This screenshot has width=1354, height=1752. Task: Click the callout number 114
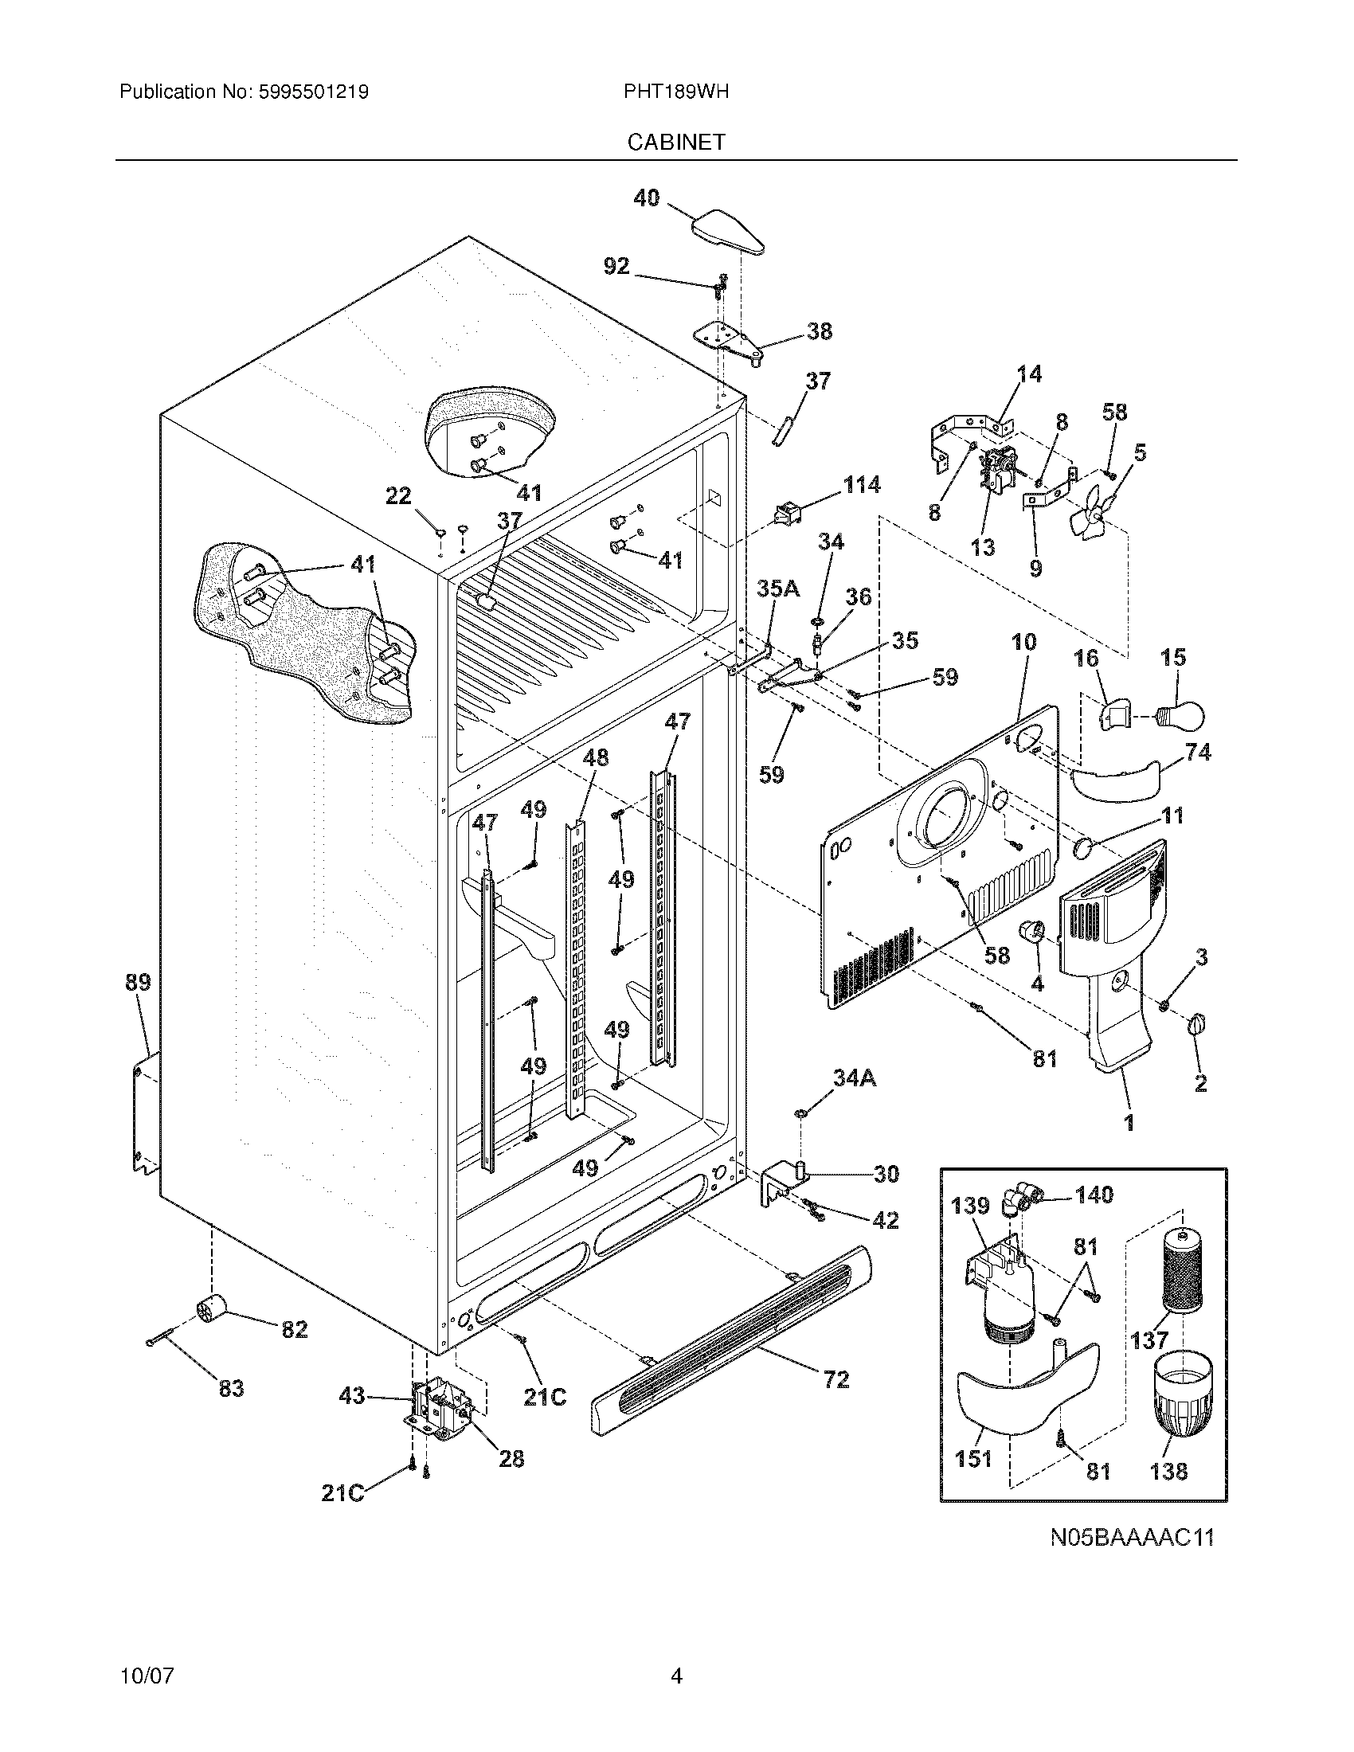(x=861, y=484)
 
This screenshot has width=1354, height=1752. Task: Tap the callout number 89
(x=138, y=982)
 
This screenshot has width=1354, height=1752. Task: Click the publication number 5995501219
(x=314, y=92)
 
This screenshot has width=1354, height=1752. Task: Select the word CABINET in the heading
(x=675, y=142)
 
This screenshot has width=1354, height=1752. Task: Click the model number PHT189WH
(x=675, y=92)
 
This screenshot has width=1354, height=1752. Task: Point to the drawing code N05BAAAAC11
(x=1132, y=1538)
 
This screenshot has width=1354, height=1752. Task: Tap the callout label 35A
(x=778, y=589)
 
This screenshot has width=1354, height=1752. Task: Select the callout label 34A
(x=854, y=1079)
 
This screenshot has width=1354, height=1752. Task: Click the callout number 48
(x=595, y=757)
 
